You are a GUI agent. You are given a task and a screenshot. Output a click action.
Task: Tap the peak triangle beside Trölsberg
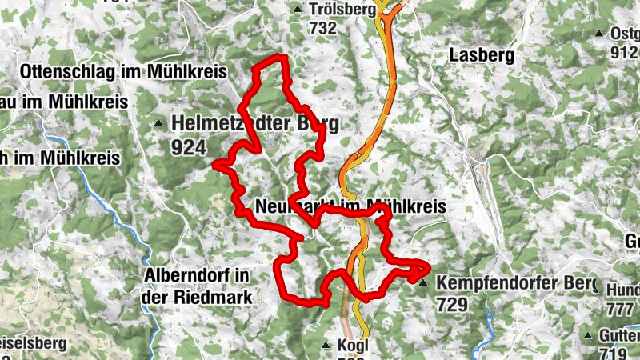tap(298, 10)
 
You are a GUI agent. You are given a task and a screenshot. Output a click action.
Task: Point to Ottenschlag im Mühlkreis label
tap(126, 71)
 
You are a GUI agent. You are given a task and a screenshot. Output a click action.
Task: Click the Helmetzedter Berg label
tap(255, 124)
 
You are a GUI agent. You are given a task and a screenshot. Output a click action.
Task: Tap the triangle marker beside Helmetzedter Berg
tap(158, 124)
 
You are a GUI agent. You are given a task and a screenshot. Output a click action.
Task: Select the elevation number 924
tap(189, 147)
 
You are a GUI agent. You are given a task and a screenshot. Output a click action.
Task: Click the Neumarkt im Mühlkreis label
tap(350, 206)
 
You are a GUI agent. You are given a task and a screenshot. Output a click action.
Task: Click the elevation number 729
tap(453, 304)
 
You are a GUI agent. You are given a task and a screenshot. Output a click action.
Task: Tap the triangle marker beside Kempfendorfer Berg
tap(423, 282)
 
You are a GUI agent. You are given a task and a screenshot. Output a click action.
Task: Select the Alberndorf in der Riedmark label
tap(199, 286)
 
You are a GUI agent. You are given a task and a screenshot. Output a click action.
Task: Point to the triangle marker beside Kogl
tap(326, 346)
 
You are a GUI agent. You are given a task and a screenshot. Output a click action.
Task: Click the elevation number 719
tap(614, 353)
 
